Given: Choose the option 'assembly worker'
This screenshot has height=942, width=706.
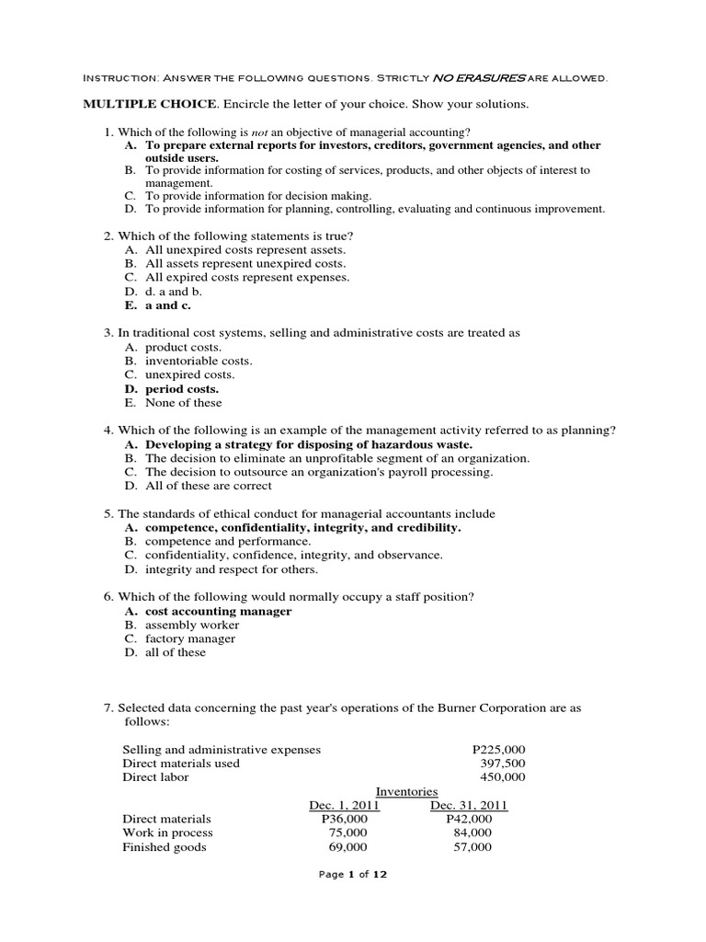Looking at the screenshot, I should [192, 626].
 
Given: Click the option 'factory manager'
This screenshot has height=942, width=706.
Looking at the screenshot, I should [190, 639].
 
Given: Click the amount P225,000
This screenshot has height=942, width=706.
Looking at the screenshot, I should [498, 750].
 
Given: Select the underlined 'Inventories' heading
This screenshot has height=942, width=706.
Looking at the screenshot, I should [407, 792].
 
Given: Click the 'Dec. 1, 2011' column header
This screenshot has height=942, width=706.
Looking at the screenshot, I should [344, 806].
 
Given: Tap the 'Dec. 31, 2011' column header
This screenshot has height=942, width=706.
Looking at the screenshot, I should [469, 806].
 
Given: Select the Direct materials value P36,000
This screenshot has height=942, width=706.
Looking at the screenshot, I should [344, 820].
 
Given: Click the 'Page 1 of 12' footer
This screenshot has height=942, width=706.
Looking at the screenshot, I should [353, 875].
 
